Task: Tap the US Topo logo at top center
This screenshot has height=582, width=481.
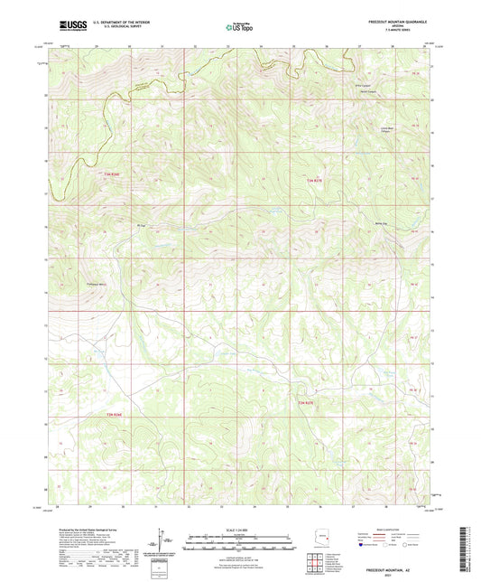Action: point(240,28)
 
